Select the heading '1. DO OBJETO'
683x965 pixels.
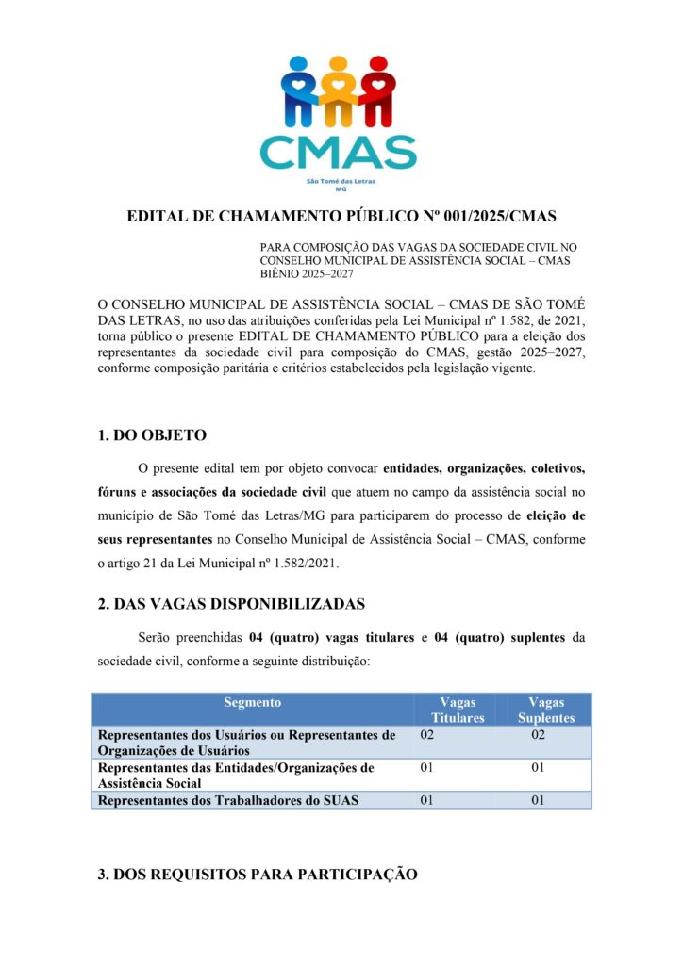tap(152, 435)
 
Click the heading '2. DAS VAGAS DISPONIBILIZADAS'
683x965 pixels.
tap(231, 604)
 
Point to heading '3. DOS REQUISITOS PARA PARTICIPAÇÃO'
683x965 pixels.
tap(258, 875)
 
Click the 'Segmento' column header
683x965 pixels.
tap(253, 703)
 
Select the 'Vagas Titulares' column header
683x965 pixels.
tap(458, 710)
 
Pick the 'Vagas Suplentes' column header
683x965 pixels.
tap(546, 710)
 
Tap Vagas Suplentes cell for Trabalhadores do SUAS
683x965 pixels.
tap(539, 801)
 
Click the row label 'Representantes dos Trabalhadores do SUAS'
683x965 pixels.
tap(226, 801)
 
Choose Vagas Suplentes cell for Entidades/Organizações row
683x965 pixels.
tap(539, 768)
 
